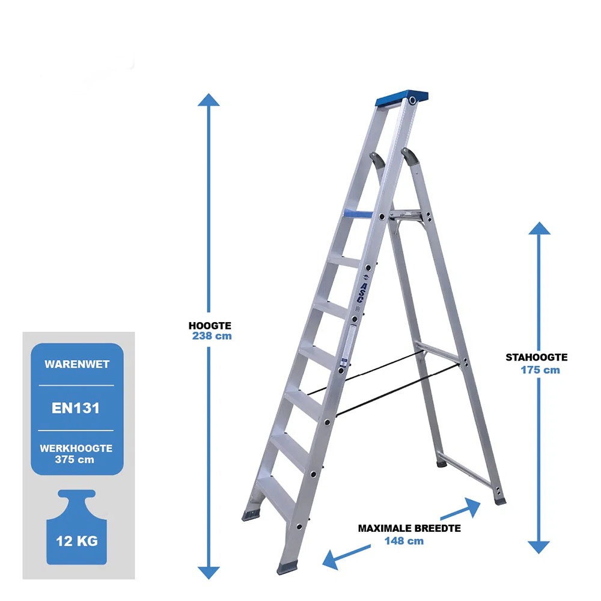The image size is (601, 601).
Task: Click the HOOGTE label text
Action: [210, 326]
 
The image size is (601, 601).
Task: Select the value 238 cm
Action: [212, 336]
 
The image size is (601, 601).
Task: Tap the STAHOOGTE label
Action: [537, 357]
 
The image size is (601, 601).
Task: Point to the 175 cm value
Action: [540, 370]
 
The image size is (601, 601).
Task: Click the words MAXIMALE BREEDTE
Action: [409, 528]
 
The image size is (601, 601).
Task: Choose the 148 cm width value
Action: [404, 541]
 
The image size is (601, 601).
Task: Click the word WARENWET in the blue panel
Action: [77, 364]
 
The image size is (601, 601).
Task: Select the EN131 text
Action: [76, 408]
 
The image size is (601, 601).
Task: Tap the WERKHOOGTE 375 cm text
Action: [76, 454]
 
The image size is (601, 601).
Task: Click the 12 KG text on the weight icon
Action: [77, 542]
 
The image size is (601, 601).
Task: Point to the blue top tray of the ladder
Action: [401, 98]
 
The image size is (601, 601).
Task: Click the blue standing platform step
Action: [358, 214]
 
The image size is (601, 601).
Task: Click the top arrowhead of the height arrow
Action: [209, 100]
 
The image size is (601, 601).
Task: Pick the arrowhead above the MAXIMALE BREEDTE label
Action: [473, 507]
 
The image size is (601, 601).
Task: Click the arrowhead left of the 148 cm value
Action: [330, 560]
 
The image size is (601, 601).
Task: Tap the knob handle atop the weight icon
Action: [77, 494]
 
